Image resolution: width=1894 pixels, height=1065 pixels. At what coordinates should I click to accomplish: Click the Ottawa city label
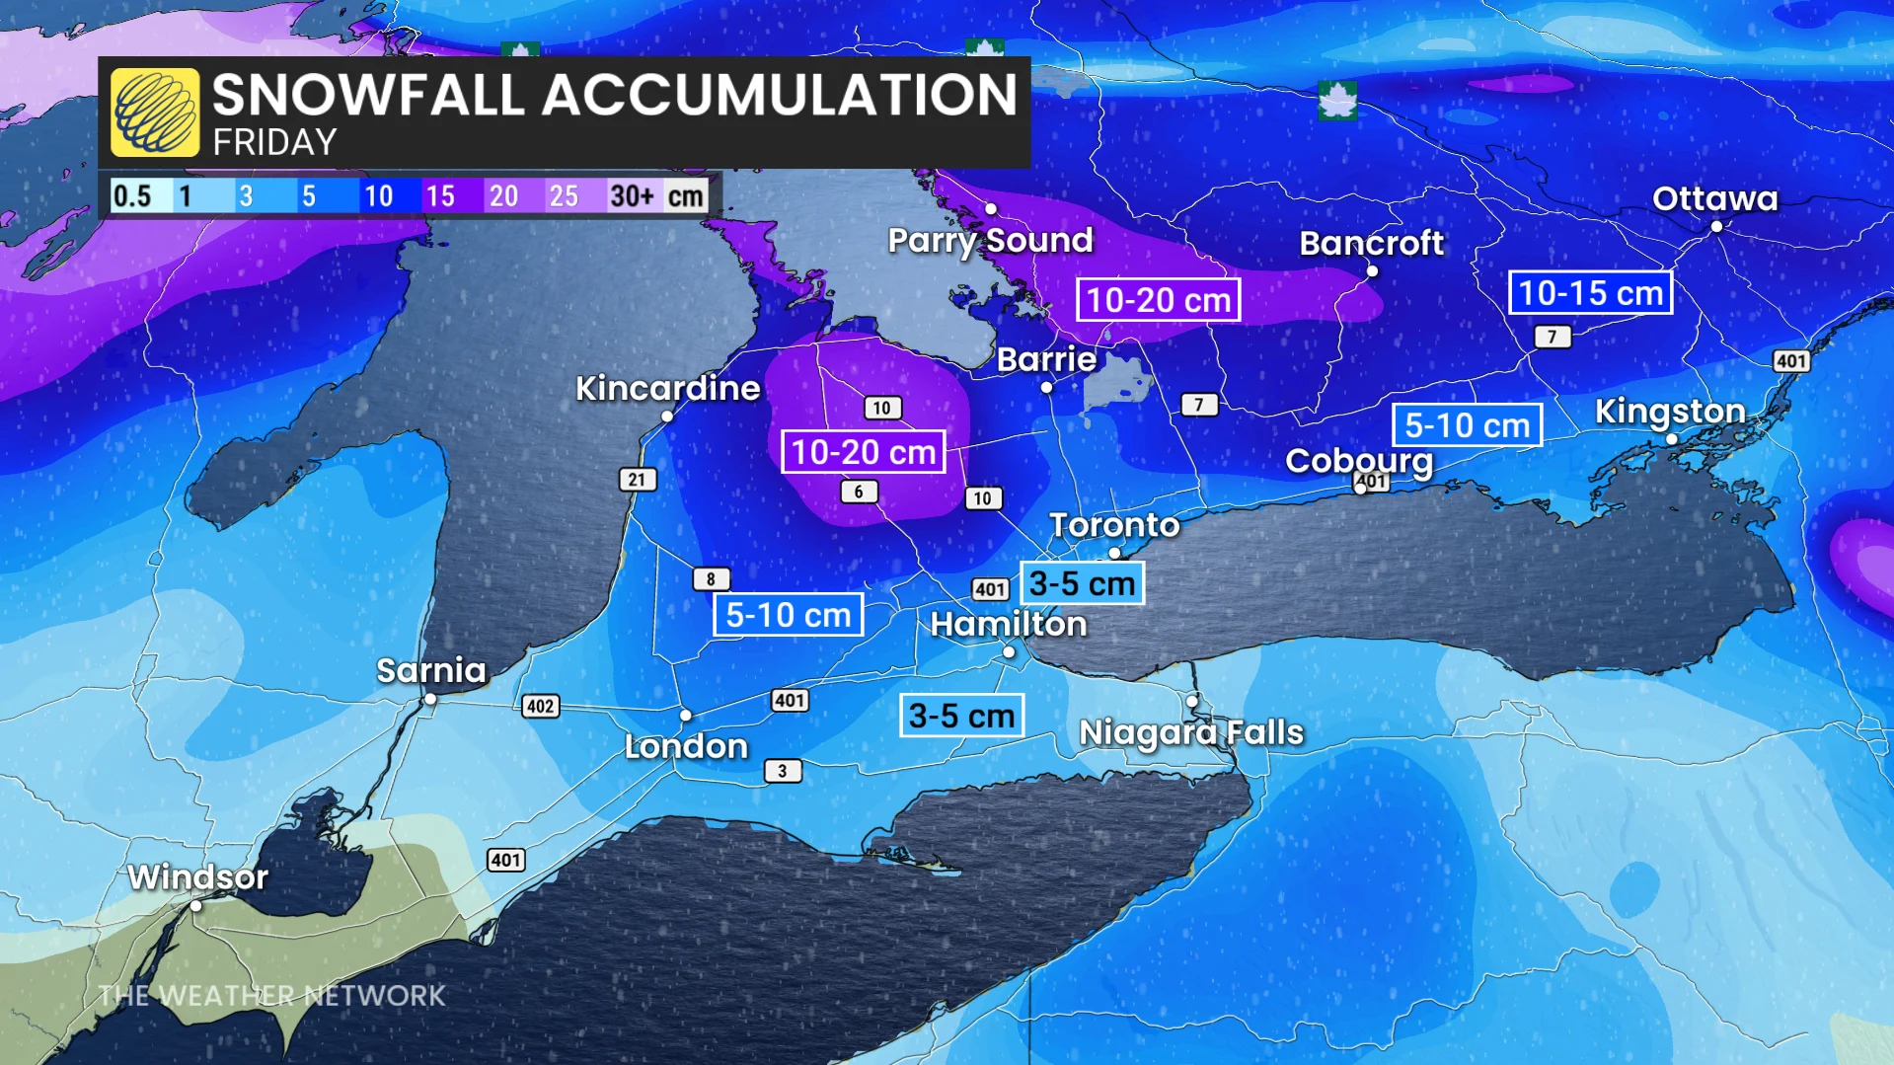tap(1714, 198)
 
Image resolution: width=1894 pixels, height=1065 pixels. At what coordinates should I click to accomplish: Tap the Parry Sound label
tap(990, 240)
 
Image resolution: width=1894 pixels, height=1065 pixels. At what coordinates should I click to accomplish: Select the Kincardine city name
tap(667, 388)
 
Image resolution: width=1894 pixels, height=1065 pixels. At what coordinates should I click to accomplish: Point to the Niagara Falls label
tap(1191, 732)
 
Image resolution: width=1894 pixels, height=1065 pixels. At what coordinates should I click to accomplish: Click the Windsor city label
tap(197, 876)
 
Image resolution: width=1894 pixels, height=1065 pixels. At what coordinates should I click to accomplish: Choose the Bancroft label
tap(1371, 243)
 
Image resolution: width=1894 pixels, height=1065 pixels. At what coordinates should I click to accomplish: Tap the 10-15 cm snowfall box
tap(1590, 293)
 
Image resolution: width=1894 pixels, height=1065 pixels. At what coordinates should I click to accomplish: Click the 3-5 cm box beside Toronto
tap(1082, 583)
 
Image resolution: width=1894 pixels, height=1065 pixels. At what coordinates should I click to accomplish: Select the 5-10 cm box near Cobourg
tap(1467, 425)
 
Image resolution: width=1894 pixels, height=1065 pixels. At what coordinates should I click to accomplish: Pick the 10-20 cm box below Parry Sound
tap(1158, 300)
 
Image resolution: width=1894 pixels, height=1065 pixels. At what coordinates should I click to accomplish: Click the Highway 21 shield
tap(637, 480)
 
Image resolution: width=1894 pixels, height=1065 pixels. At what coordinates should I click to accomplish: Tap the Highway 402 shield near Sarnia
tap(540, 706)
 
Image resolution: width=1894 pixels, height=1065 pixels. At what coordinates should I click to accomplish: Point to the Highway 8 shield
tap(711, 579)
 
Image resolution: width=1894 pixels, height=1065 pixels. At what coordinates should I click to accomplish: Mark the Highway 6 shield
tap(859, 492)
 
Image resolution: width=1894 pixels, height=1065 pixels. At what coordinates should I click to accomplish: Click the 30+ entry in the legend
tap(632, 196)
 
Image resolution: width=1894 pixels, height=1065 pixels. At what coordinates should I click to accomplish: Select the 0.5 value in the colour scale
tap(132, 196)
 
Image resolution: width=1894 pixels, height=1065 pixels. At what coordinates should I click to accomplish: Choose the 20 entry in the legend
tap(503, 196)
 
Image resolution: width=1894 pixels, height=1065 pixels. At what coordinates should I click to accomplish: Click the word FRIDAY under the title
tap(274, 143)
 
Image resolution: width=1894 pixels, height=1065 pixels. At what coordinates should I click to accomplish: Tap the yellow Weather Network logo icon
tap(155, 113)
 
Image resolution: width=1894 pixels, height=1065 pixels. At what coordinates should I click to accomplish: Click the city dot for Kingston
tap(1671, 439)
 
